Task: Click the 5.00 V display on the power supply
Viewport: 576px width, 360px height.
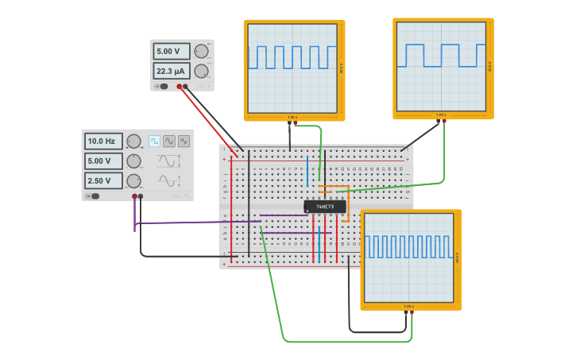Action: (x=172, y=52)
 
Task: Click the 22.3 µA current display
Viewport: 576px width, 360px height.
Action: (x=172, y=72)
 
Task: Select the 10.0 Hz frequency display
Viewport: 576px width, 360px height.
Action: (x=103, y=141)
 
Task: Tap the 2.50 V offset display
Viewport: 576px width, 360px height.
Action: (x=103, y=180)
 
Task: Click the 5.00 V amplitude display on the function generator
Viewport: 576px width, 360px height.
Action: (x=103, y=161)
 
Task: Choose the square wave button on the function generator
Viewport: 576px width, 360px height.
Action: (x=154, y=141)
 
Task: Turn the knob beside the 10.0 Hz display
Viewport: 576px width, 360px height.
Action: (x=133, y=141)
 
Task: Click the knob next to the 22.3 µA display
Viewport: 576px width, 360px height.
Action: (x=201, y=72)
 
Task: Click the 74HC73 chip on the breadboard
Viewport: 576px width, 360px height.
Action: (x=325, y=207)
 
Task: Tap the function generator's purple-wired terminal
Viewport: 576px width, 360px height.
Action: (x=134, y=195)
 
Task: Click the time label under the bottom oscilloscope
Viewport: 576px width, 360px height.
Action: (x=409, y=306)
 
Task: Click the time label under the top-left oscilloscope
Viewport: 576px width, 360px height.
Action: (x=292, y=117)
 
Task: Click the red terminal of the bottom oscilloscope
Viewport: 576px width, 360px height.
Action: (x=412, y=313)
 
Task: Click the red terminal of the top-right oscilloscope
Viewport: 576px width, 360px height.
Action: (x=444, y=122)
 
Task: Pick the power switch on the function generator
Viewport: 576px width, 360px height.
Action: (x=94, y=195)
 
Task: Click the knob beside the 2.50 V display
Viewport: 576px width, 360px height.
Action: (x=133, y=180)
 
